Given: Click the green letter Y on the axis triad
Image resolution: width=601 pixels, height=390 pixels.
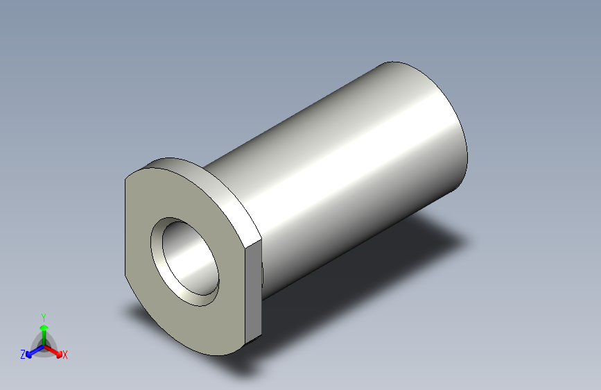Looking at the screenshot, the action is tap(44, 318).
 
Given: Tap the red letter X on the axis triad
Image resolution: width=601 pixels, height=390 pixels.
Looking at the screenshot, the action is tap(64, 355).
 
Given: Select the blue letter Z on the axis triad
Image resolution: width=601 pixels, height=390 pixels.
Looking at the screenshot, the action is tap(23, 355).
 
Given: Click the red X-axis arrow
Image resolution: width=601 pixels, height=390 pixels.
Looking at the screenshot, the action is tap(53, 352).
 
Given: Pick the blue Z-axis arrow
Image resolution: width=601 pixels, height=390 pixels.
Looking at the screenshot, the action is tap(35, 351).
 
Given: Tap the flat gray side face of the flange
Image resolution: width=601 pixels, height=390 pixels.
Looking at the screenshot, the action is tap(253, 290).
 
